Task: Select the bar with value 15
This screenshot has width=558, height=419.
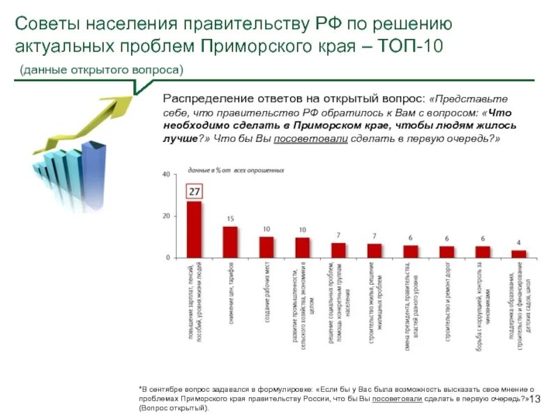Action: pos(230,242)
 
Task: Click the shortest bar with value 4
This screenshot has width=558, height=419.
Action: pos(518,253)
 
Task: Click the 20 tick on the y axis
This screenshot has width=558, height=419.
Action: pos(166,216)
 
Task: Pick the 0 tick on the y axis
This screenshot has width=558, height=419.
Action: pos(167,258)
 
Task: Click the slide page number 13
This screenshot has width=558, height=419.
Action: pos(536,399)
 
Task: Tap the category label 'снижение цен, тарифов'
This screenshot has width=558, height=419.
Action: pos(230,293)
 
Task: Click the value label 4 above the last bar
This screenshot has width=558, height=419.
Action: pos(518,243)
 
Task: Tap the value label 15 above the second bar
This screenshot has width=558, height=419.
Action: pos(230,219)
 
